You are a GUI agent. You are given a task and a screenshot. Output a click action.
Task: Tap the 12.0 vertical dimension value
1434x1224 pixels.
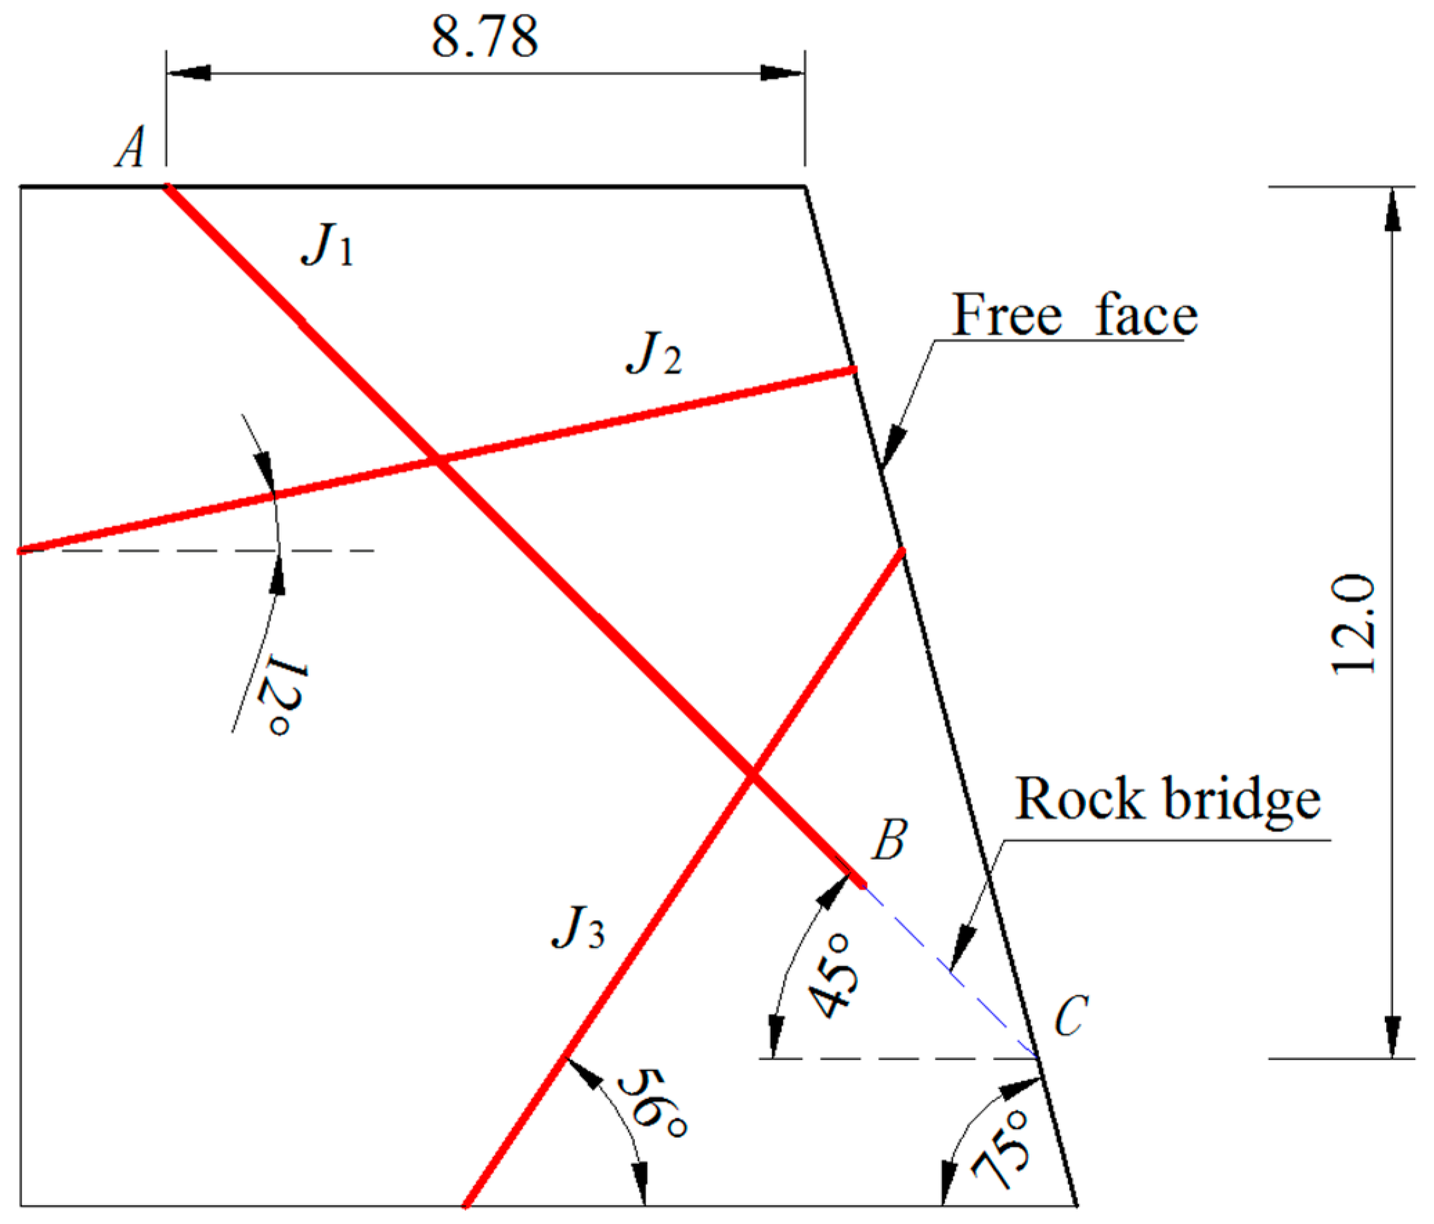point(1353,624)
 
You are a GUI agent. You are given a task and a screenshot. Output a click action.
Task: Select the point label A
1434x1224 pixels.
point(131,147)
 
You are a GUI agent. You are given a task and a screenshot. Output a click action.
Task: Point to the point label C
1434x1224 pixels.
point(1072,1015)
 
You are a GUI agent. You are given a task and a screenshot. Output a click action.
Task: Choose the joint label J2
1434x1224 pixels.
point(653,354)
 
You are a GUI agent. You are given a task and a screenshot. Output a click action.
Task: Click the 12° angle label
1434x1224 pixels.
point(282,699)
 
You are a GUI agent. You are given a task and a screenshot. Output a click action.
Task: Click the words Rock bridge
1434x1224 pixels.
point(1167,800)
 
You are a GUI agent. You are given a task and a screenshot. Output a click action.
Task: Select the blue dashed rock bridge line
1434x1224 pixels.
point(950,972)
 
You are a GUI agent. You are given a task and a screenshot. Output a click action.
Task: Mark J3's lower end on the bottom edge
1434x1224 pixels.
point(466,1205)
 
